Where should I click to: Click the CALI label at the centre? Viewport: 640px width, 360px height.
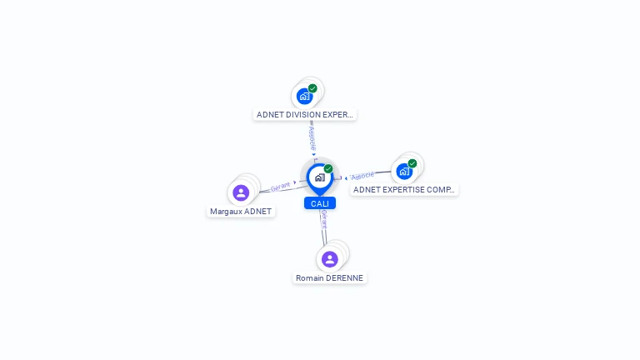(320, 203)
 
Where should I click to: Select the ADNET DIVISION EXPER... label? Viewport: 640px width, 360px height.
(305, 114)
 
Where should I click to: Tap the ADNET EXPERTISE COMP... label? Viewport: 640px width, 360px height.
(404, 189)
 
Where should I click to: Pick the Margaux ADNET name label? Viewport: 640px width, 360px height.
(241, 211)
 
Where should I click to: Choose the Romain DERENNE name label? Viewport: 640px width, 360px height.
(330, 277)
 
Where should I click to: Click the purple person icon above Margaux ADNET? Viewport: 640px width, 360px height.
(241, 192)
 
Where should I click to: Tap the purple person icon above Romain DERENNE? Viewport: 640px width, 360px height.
(330, 259)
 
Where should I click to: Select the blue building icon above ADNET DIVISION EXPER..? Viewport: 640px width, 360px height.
(304, 96)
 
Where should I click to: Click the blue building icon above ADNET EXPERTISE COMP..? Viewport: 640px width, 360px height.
(404, 172)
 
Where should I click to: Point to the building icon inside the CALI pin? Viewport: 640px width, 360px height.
(319, 177)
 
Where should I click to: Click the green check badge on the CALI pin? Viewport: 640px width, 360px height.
(328, 168)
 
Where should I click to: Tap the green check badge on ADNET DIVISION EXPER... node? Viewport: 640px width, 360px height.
(312, 88)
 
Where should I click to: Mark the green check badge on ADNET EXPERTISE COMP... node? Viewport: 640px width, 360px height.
(412, 163)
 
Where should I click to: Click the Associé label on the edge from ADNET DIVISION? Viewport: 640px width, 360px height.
(312, 133)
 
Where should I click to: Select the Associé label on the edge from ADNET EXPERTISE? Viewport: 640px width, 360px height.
(362, 176)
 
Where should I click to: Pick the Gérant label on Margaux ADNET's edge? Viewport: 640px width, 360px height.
(281, 187)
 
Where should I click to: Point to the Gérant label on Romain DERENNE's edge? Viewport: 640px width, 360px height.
(323, 219)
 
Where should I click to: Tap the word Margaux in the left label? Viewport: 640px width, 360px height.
(226, 211)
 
